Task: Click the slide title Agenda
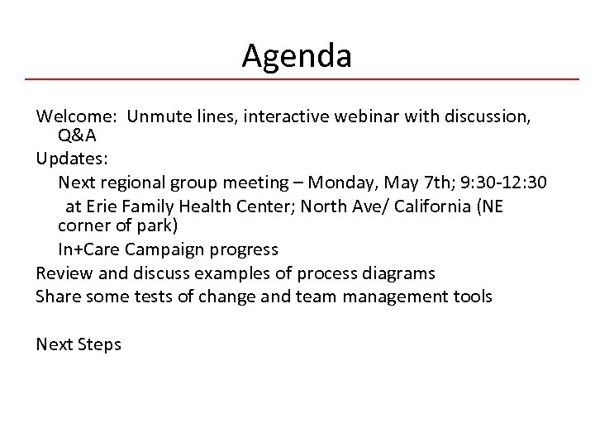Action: pyautogui.click(x=297, y=56)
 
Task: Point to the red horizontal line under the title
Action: pyautogui.click(x=297, y=79)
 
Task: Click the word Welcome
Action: pyautogui.click(x=71, y=117)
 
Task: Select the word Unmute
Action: pyautogui.click(x=161, y=117)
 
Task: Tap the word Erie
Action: pyautogui.click(x=102, y=205)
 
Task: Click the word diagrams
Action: pyautogui.click(x=400, y=273)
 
